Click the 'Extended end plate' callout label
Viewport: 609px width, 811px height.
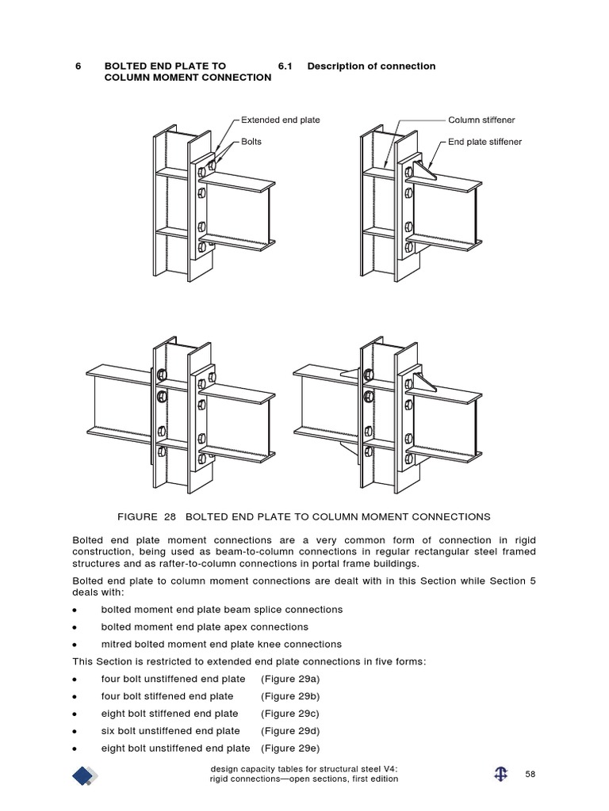280,120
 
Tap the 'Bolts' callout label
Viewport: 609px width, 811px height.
251,142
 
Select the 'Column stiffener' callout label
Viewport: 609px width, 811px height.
481,120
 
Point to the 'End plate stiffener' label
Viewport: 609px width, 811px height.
485,142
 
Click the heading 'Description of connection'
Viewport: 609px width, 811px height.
371,67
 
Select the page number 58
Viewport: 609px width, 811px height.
531,774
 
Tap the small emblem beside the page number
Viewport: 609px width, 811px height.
500,775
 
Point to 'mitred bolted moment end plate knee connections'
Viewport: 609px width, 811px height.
221,644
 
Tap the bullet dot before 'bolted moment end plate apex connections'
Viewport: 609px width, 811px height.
75,627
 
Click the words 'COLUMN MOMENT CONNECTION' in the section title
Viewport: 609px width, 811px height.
187,78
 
